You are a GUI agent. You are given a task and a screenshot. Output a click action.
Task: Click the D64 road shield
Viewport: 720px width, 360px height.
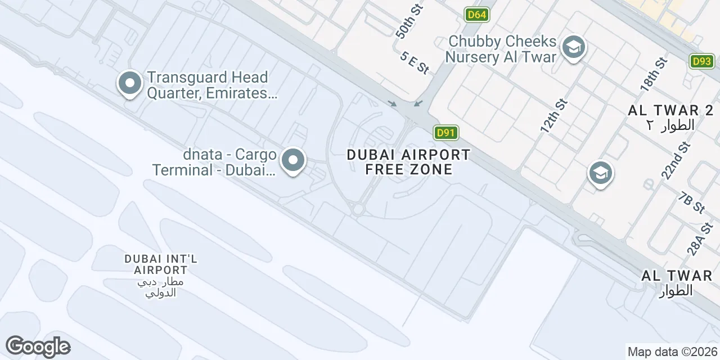(477, 15)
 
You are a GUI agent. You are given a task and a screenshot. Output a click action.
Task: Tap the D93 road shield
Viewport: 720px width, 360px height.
(701, 61)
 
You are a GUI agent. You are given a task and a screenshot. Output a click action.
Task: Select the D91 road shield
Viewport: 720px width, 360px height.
(445, 133)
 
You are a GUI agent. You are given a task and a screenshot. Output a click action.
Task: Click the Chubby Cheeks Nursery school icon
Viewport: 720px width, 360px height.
(573, 47)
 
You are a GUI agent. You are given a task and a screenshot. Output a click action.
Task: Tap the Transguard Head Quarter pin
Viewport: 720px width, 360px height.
(130, 83)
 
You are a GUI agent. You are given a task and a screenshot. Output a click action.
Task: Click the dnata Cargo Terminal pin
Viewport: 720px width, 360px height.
(292, 161)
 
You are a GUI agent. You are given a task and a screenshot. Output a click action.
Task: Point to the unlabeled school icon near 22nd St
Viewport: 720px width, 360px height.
(600, 173)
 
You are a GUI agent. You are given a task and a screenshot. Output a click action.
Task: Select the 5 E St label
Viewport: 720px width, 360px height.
(415, 62)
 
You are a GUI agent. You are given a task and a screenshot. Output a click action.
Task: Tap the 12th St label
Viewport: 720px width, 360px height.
(554, 116)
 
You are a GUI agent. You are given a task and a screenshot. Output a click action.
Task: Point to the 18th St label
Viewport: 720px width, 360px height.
(653, 74)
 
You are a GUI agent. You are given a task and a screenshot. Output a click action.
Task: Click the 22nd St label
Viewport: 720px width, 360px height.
(676, 161)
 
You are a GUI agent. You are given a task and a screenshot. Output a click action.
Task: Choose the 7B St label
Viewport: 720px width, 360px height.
(692, 203)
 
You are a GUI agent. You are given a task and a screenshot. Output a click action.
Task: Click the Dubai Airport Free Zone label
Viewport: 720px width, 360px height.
(408, 161)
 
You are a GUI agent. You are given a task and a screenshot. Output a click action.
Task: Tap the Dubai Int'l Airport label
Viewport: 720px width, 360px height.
(161, 264)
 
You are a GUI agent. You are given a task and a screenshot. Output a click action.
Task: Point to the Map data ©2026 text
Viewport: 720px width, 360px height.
(672, 352)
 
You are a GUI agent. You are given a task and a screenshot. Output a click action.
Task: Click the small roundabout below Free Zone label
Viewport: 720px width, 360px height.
(358, 210)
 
